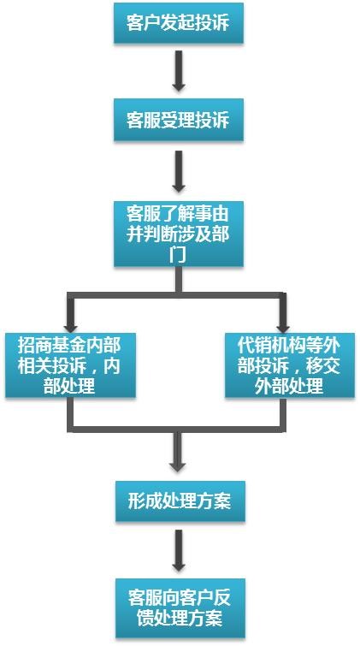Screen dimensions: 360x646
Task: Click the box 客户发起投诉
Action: tap(179, 23)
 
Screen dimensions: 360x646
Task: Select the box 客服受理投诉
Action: tap(179, 121)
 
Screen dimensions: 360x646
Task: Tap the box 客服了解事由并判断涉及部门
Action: tap(179, 234)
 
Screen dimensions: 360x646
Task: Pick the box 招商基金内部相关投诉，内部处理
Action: tap(70, 365)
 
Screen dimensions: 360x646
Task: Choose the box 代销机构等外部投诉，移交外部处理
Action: tap(290, 365)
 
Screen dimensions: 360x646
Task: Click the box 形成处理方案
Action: tap(180, 501)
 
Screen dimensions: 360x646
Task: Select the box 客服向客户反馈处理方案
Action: tap(180, 608)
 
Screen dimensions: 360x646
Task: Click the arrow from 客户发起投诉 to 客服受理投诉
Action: tap(179, 70)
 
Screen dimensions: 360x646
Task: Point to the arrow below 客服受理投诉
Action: tap(179, 171)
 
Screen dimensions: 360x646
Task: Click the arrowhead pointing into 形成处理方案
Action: tap(179, 466)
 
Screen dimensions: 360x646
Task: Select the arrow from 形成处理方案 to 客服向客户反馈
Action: tap(179, 550)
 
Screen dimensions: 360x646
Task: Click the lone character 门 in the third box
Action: tap(179, 256)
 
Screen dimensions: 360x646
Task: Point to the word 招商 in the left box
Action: tap(35, 346)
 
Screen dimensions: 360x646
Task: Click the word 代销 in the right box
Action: tap(255, 346)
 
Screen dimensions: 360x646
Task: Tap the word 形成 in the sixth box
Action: tap(145, 501)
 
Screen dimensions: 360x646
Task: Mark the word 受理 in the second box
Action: tap(179, 121)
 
